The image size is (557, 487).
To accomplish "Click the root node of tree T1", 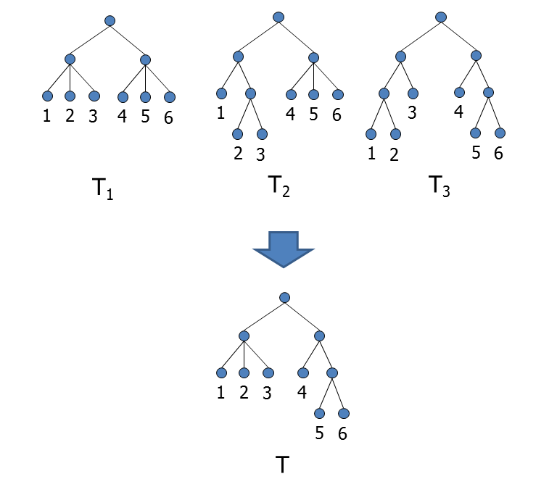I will point(110,21).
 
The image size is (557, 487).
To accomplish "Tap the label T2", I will point(279,186).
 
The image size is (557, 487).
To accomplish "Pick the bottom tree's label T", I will point(284,465).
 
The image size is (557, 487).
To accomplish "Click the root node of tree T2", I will point(278,17).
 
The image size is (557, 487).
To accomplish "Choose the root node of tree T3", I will point(441,17).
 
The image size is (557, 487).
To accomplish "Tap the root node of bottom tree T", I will point(284,297).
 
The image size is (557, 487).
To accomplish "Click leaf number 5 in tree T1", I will point(145,96).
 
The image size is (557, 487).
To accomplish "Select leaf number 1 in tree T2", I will point(221,93).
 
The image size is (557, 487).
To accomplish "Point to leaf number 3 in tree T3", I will point(413,93).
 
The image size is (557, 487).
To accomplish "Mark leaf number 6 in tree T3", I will point(500,133).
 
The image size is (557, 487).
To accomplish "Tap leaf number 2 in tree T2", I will point(237,133).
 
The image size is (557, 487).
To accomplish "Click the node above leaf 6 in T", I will point(344,413).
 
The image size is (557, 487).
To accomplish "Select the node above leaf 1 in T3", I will point(371,134).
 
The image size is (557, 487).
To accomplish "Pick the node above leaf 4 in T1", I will point(123,96).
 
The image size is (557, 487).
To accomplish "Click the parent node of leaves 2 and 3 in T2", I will point(250,93).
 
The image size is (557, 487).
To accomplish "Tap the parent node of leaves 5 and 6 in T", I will point(331,373).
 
